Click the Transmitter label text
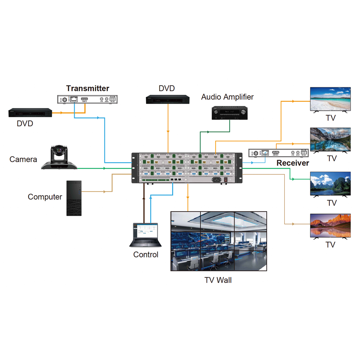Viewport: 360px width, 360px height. (x=87, y=88)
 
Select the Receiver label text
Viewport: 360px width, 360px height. (x=292, y=163)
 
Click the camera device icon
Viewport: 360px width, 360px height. (x=59, y=157)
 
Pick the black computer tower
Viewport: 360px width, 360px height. (x=74, y=198)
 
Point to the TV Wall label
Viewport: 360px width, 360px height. (x=218, y=280)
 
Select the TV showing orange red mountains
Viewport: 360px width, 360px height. (x=330, y=226)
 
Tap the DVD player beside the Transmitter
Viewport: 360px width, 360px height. (x=31, y=113)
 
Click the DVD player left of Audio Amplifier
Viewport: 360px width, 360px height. (x=168, y=99)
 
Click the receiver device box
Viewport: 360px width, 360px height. (x=279, y=153)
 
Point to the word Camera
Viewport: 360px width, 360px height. (x=23, y=159)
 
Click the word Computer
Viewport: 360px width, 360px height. (x=45, y=197)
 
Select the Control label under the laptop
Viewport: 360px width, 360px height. (x=146, y=255)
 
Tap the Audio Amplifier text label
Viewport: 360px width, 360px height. (x=227, y=97)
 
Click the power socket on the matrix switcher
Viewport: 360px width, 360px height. (x=217, y=180)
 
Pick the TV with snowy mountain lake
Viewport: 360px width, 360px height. (x=330, y=139)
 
